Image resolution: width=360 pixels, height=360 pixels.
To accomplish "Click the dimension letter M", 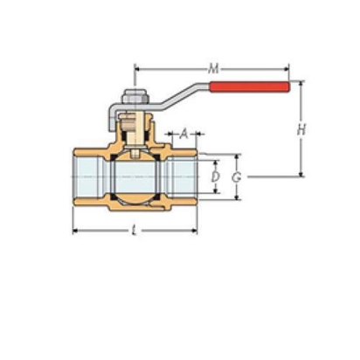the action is [214, 69].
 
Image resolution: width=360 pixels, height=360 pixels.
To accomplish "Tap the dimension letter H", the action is [301, 129].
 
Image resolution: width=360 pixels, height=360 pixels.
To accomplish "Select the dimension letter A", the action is [183, 134].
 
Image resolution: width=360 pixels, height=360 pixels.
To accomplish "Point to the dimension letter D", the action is [215, 177].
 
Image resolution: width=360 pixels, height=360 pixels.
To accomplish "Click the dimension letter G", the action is [237, 177].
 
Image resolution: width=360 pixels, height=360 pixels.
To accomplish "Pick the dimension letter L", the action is [134, 231].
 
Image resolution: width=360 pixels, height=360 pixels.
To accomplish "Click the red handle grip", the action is [250, 87].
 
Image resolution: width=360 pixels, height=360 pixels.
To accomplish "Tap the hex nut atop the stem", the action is [135, 97].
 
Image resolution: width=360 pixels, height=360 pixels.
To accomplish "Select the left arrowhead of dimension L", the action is [75, 231].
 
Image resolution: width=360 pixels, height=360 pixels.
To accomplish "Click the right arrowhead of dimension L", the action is [194, 231].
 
